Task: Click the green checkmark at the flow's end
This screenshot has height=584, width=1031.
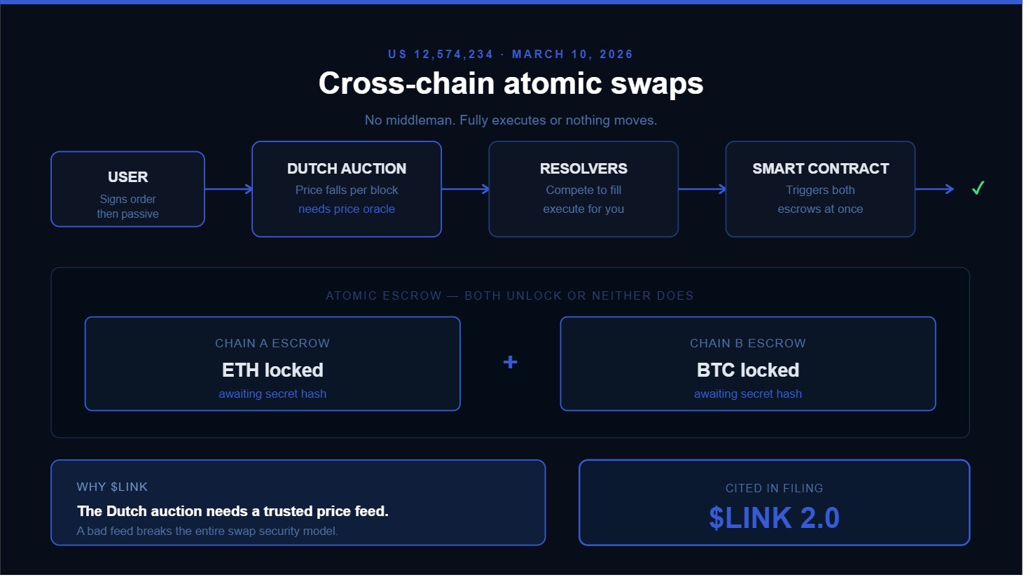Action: pyautogui.click(x=978, y=188)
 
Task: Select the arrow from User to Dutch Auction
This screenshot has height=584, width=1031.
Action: pyautogui.click(x=228, y=189)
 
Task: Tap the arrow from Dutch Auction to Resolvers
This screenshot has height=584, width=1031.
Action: pyautogui.click(x=465, y=189)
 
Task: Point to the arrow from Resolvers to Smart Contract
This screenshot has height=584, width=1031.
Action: pyautogui.click(x=702, y=189)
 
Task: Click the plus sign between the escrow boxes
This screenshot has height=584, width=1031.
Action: pyautogui.click(x=511, y=362)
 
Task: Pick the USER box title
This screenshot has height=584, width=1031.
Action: pyautogui.click(x=127, y=177)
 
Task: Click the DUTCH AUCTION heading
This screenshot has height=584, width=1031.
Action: pyautogui.click(x=347, y=169)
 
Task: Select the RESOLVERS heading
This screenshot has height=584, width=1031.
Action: pyautogui.click(x=583, y=169)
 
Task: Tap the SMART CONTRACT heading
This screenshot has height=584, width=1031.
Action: pyautogui.click(x=820, y=169)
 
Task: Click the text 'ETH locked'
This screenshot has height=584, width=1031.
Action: pyautogui.click(x=272, y=370)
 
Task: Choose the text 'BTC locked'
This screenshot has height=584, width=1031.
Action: pyautogui.click(x=748, y=370)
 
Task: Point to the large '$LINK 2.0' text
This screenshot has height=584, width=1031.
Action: pyautogui.click(x=774, y=518)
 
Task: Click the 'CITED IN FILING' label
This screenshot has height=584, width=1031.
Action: pyautogui.click(x=774, y=488)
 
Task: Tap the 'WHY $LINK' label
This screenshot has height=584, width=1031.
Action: pyautogui.click(x=112, y=487)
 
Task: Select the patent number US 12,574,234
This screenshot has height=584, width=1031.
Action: pyautogui.click(x=441, y=55)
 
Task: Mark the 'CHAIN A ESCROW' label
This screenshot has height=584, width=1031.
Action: pyautogui.click(x=272, y=343)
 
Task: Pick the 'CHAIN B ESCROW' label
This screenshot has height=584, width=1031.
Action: pyautogui.click(x=748, y=343)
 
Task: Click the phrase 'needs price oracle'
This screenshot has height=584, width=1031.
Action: pyautogui.click(x=347, y=209)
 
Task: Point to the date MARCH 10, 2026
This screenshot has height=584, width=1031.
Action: pyautogui.click(x=572, y=55)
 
